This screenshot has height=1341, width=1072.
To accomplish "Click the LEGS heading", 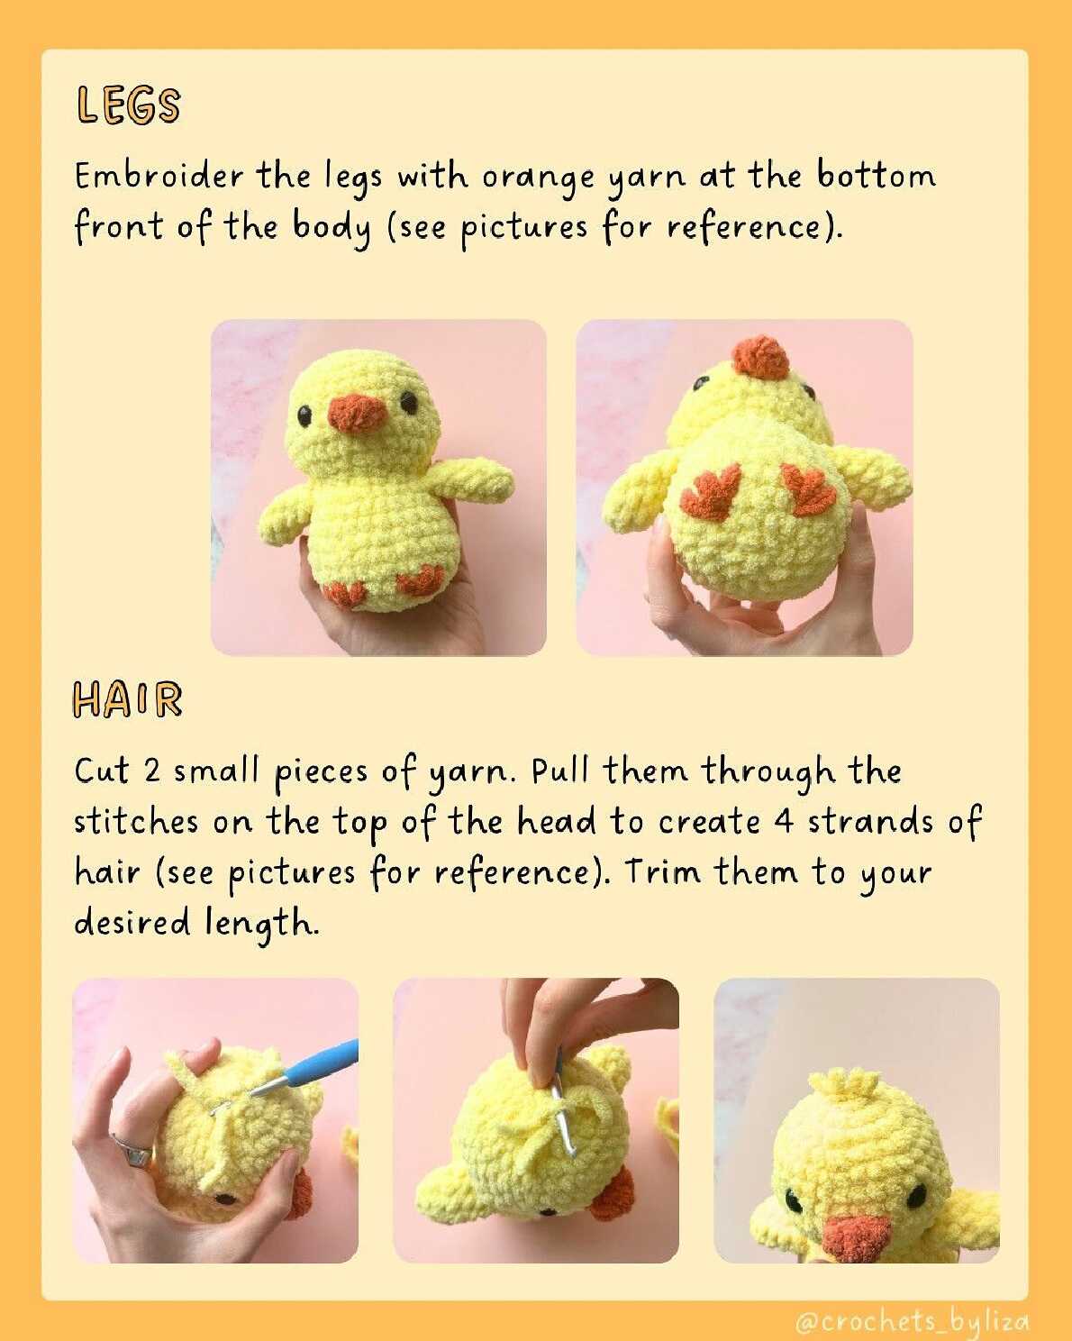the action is coord(128,105).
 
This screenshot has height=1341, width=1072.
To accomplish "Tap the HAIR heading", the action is coord(128,699).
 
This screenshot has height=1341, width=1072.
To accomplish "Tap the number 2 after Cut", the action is coord(152,771).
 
